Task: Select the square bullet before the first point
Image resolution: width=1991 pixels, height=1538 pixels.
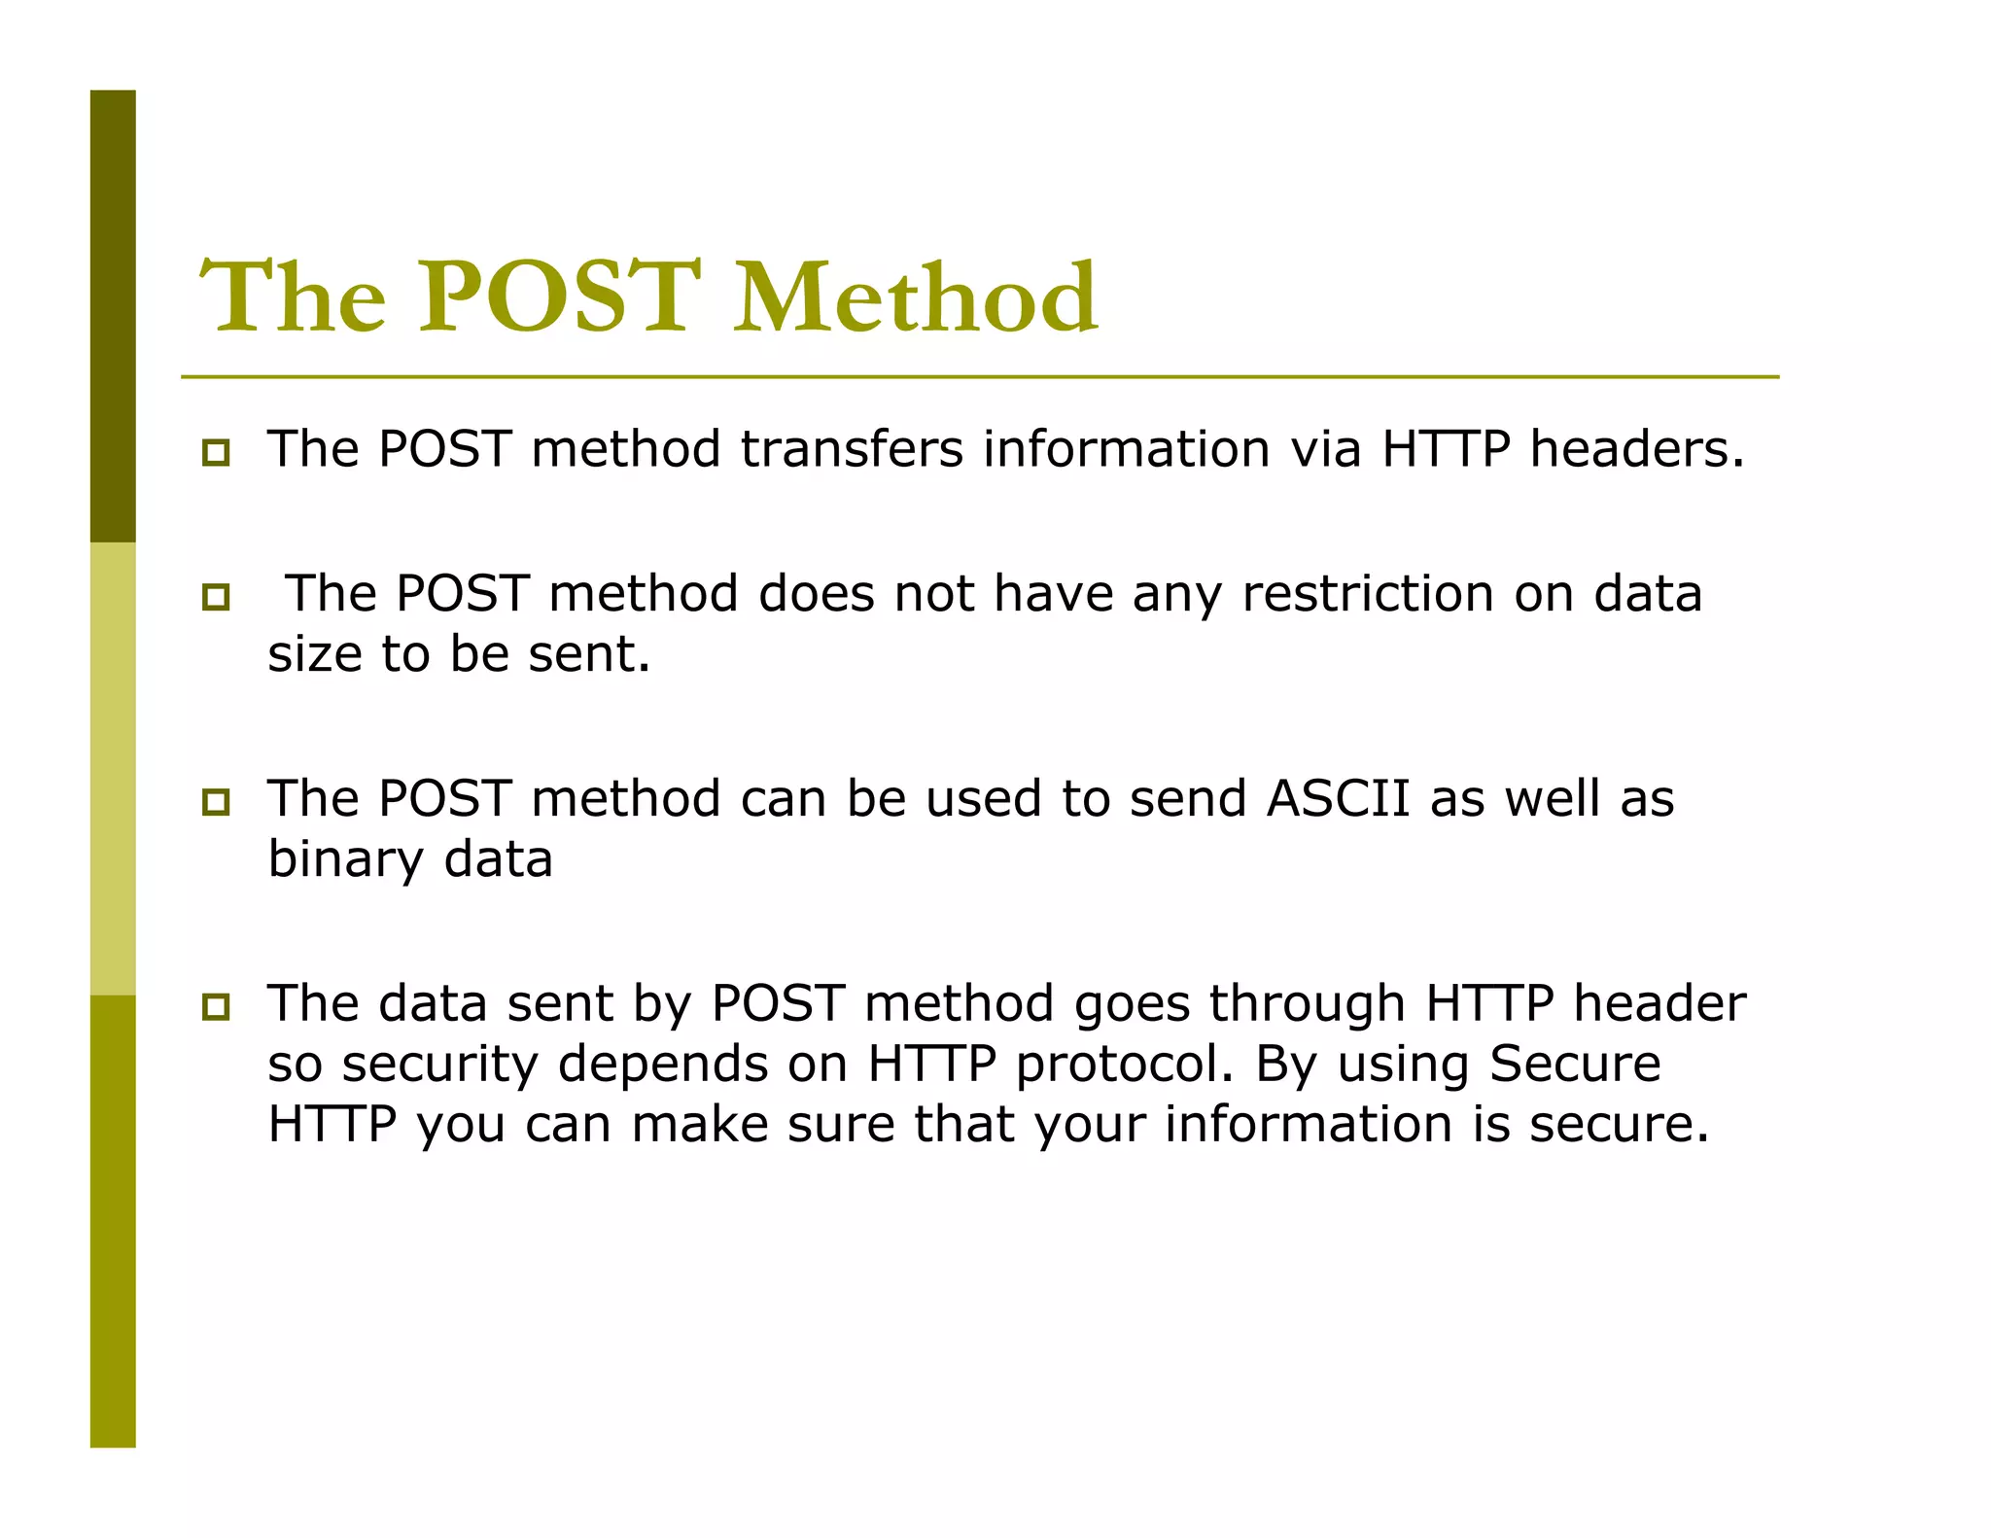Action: tap(216, 453)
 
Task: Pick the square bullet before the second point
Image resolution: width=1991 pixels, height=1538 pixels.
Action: tap(216, 597)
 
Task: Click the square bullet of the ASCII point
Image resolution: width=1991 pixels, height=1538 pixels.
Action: tap(216, 802)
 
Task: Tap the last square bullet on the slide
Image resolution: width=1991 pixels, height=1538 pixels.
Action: tap(216, 1007)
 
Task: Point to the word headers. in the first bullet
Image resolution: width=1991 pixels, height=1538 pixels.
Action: tap(1637, 449)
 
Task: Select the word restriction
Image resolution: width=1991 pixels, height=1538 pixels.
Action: tap(1368, 593)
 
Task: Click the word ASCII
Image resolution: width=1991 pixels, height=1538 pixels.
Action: tap(1338, 798)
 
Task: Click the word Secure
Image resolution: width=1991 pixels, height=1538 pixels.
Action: tap(1575, 1064)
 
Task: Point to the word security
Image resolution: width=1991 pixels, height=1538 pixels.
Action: tap(439, 1064)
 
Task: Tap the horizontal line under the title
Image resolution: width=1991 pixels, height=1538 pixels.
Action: tap(980, 377)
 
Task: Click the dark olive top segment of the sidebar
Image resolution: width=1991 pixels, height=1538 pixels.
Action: tap(113, 316)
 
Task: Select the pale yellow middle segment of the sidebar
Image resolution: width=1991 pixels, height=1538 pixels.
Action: tap(113, 768)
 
